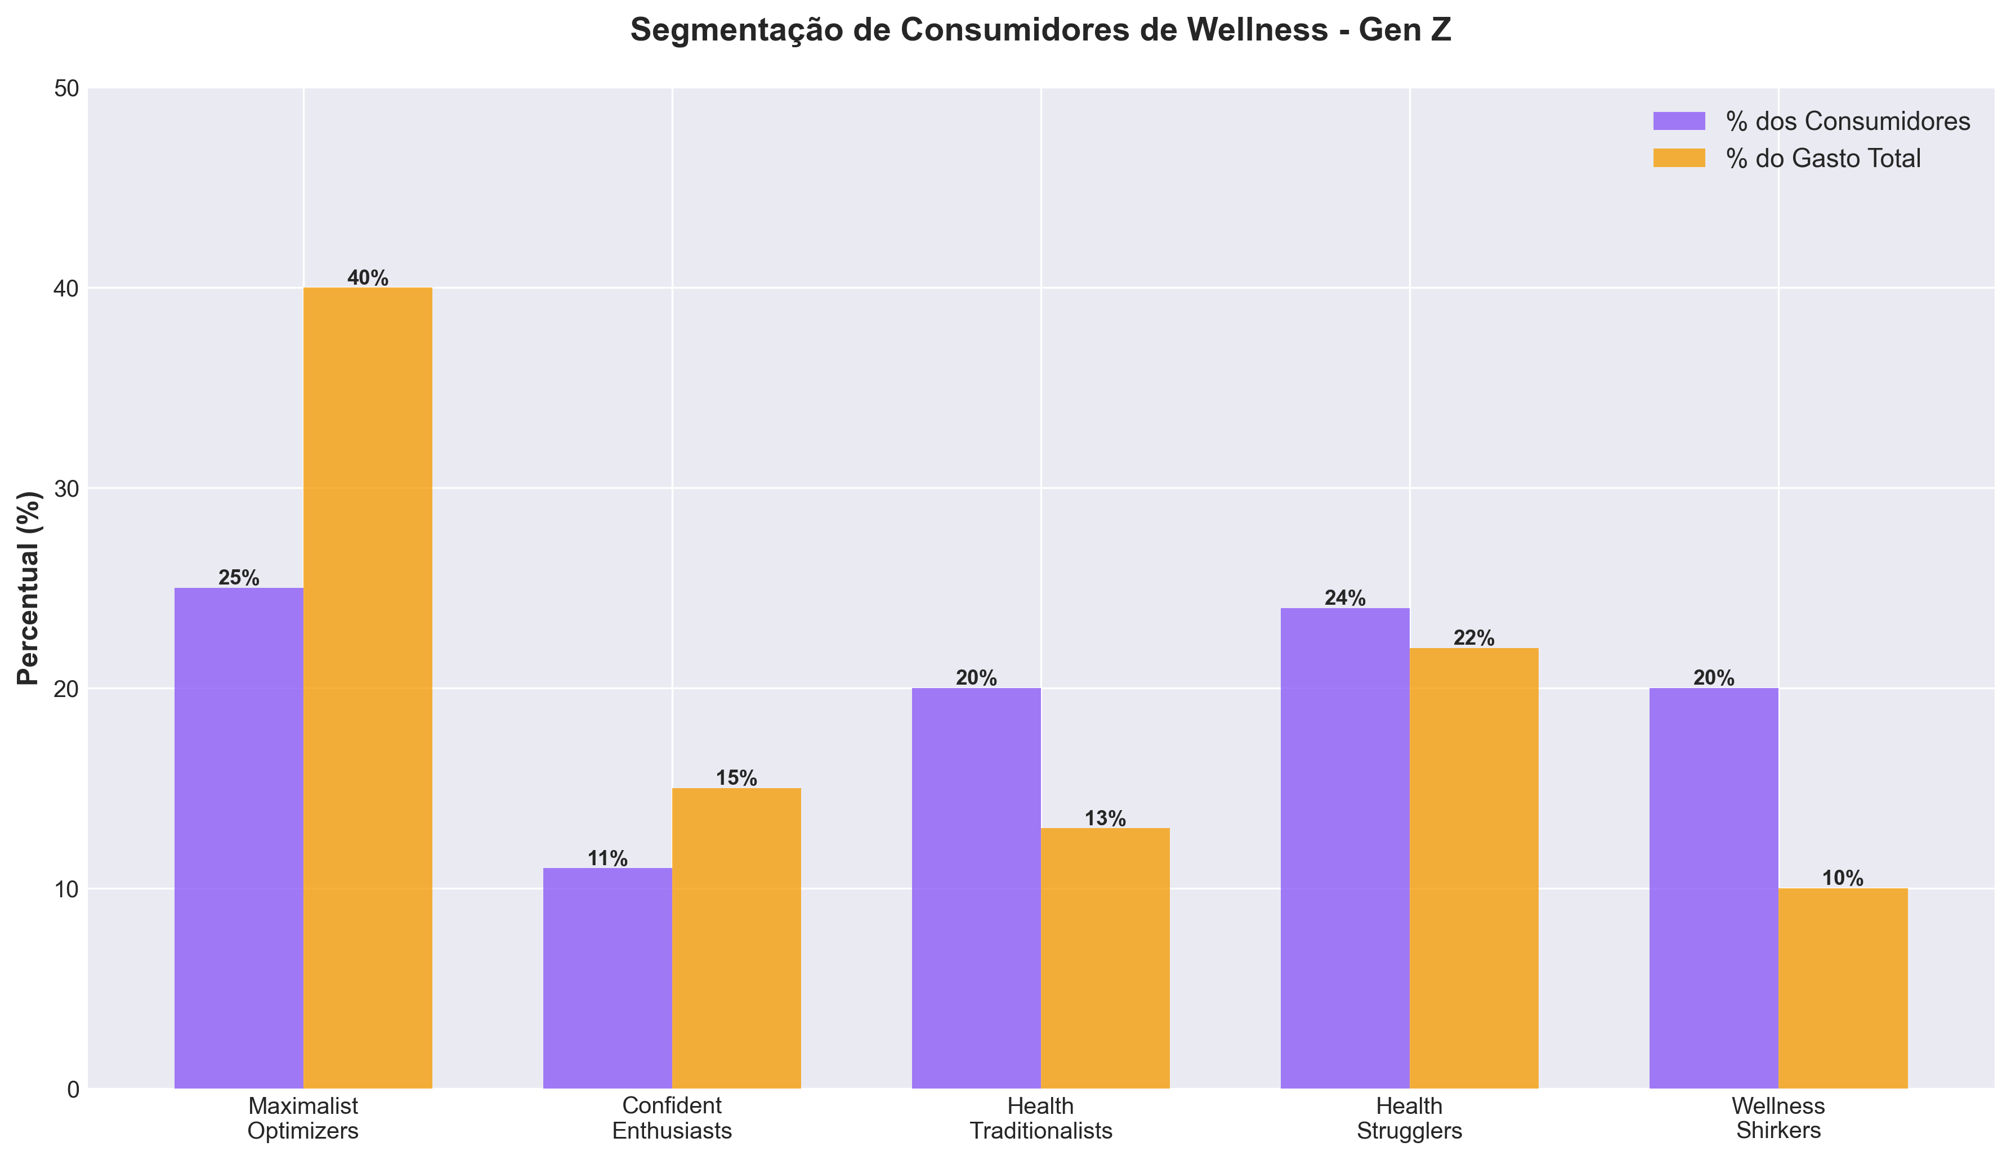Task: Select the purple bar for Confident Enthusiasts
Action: pos(607,978)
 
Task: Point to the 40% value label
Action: pos(368,278)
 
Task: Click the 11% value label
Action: pos(607,859)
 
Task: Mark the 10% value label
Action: pos(1843,879)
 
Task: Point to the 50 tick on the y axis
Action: pos(67,88)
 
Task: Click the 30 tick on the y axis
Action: pos(67,488)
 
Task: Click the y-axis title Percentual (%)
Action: pos(29,588)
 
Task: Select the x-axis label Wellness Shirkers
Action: pos(1778,1118)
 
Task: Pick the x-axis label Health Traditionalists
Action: pos(1040,1118)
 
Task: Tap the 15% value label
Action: pos(736,779)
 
